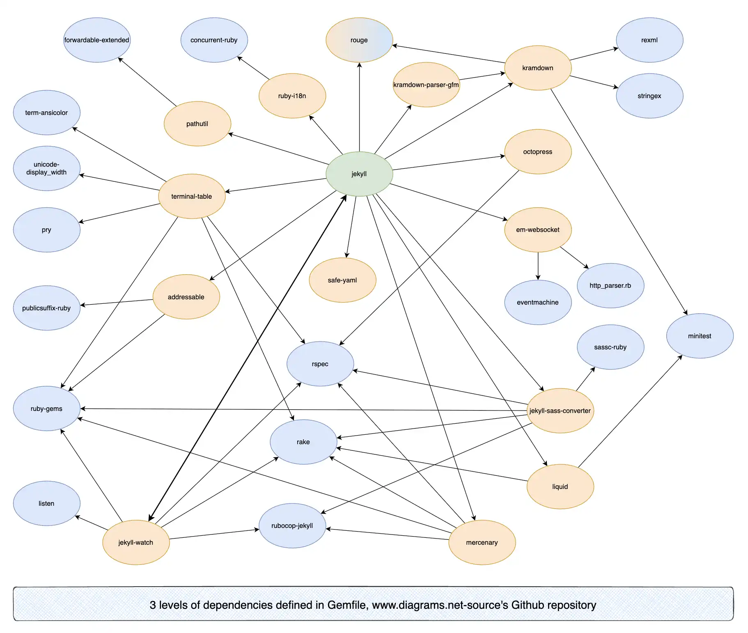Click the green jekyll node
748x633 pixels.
[359, 174]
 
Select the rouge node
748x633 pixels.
[359, 40]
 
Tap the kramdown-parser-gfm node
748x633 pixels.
[426, 85]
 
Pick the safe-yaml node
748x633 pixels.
[342, 280]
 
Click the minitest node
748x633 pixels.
[700, 336]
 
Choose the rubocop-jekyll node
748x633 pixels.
[292, 525]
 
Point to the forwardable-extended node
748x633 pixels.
[97, 40]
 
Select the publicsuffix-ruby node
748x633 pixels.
[46, 308]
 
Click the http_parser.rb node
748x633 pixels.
[610, 285]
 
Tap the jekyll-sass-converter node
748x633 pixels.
[560, 411]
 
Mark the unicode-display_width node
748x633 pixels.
[46, 168]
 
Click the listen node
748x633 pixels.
[46, 503]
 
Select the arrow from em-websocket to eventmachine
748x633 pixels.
[538, 266]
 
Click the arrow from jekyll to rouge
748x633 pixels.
[359, 107]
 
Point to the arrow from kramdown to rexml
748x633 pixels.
[594, 54]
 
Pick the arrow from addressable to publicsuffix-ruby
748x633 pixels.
[117, 303]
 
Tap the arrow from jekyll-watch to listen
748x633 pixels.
[91, 523]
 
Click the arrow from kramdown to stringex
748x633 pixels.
[594, 82]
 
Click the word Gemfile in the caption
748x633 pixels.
[347, 605]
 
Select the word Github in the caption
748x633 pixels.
[528, 605]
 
